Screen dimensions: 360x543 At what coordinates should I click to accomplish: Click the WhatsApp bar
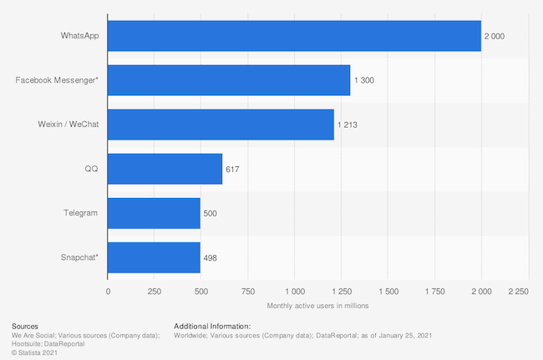[x=294, y=36]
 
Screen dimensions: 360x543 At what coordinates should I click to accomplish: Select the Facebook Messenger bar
[x=229, y=80]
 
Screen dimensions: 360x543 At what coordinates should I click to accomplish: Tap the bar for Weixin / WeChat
[x=221, y=124]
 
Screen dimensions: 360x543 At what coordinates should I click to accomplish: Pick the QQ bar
[x=165, y=169]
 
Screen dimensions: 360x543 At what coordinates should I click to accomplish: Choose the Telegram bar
[x=154, y=213]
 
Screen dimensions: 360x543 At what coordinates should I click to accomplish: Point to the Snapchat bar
[x=154, y=257]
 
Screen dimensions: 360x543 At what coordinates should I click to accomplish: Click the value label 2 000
[x=495, y=36]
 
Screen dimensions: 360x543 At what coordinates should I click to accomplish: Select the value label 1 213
[x=348, y=124]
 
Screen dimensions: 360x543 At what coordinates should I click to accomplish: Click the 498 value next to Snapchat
[x=211, y=257]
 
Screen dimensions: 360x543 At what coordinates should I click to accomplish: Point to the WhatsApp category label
[x=79, y=36]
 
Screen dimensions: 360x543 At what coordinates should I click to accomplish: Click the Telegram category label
[x=80, y=213]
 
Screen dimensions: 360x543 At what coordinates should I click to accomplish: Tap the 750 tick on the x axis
[x=248, y=291]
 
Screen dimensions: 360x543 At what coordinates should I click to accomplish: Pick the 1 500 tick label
[x=388, y=291]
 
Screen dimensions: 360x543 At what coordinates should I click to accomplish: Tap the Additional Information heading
[x=212, y=325]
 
